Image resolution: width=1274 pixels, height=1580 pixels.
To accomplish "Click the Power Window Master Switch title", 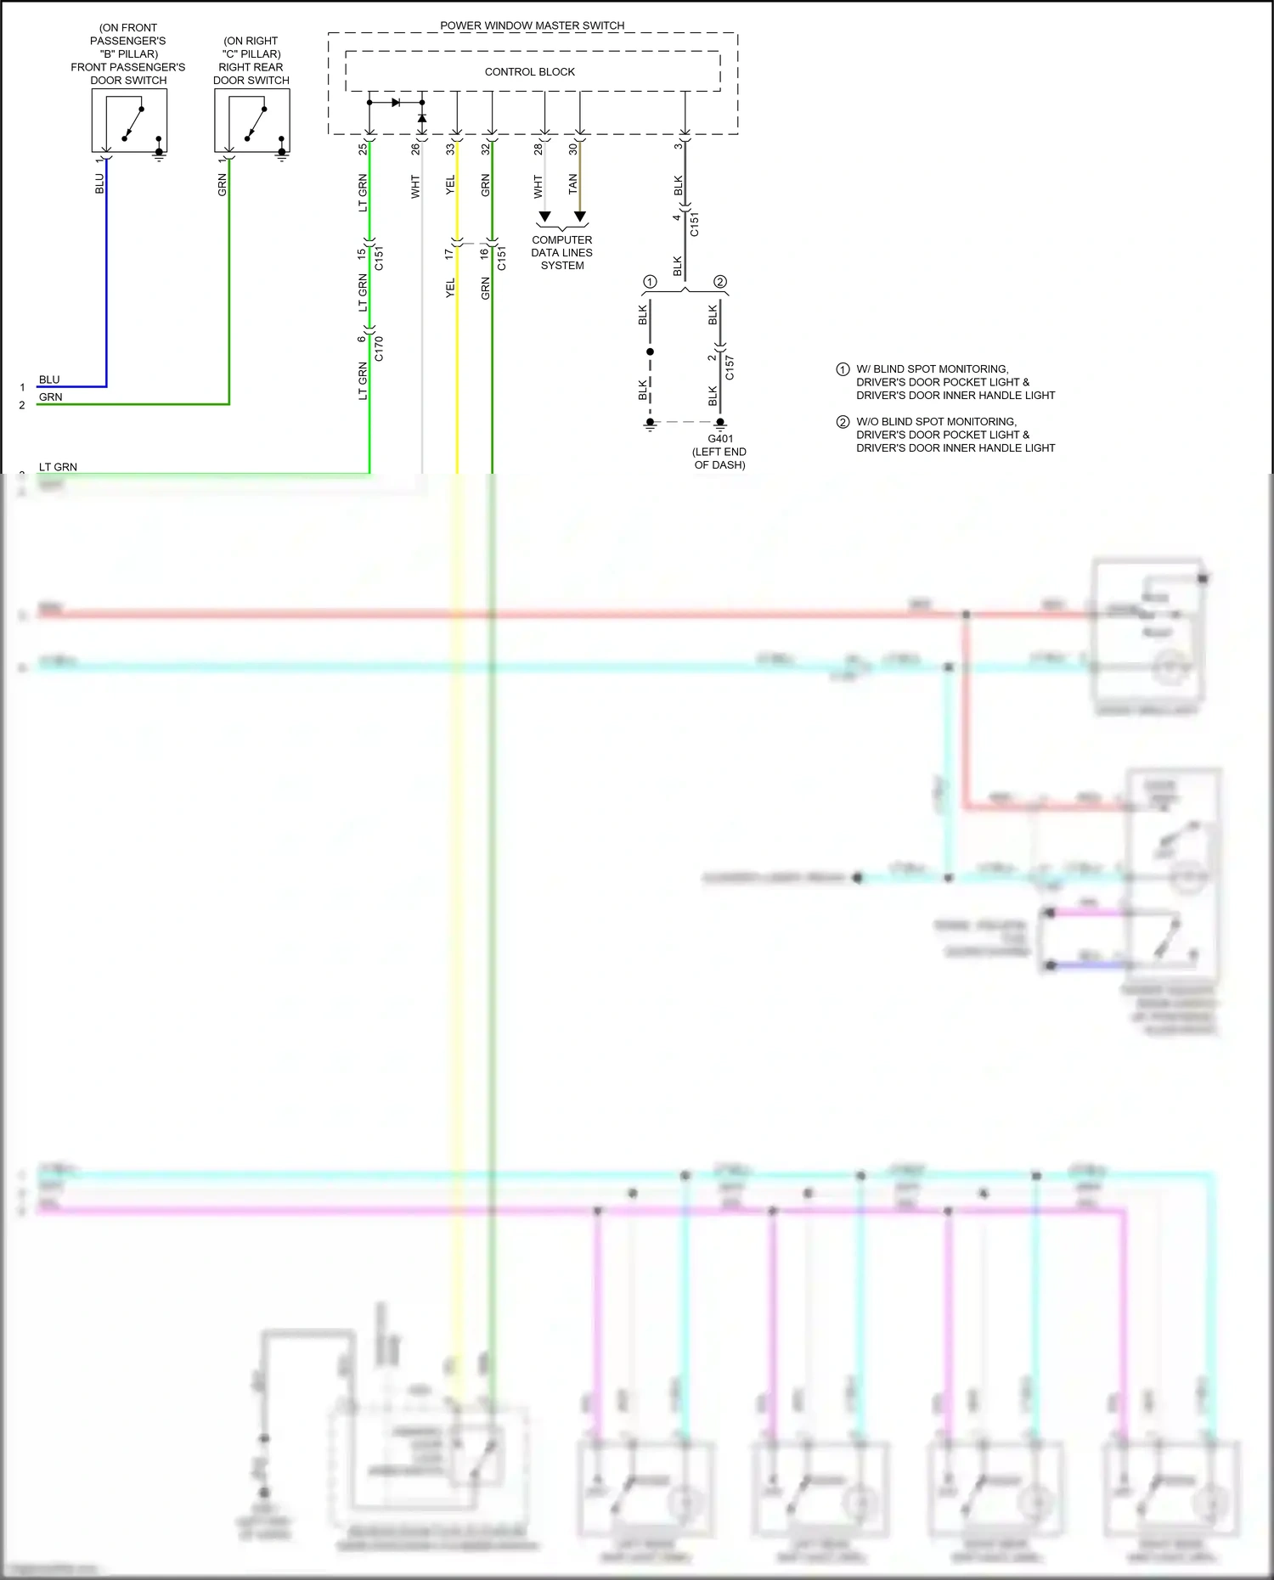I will tap(532, 25).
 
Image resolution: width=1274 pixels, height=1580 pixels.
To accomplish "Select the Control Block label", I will tap(529, 72).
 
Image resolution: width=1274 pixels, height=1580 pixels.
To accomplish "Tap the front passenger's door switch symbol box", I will tap(129, 121).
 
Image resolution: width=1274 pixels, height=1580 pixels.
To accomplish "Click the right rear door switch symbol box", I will tap(252, 121).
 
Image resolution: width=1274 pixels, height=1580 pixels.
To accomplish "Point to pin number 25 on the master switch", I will tap(363, 149).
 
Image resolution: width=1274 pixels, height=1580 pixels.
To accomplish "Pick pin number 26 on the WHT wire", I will tap(415, 149).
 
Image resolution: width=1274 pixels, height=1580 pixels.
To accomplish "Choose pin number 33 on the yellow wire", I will tap(450, 149).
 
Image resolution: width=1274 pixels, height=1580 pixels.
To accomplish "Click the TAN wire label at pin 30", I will tap(572, 183).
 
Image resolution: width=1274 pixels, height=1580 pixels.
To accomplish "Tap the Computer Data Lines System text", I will tap(561, 253).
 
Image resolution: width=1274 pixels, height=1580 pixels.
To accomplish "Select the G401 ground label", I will tap(719, 439).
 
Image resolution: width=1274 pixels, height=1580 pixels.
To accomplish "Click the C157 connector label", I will tap(730, 368).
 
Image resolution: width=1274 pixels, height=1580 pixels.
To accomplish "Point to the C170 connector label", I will tap(379, 349).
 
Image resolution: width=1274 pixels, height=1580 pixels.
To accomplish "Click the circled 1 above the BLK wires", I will tap(650, 282).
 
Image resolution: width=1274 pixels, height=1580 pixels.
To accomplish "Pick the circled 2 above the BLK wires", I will tap(720, 282).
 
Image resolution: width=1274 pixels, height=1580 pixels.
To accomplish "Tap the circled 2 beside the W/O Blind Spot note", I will tap(843, 422).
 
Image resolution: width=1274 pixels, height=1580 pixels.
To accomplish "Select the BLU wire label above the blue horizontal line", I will tap(49, 380).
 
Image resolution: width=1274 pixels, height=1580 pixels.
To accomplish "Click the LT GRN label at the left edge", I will tap(58, 467).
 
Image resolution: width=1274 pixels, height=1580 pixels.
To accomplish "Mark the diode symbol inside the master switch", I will tap(397, 103).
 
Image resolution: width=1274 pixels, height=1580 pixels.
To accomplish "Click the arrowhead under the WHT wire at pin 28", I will tap(544, 217).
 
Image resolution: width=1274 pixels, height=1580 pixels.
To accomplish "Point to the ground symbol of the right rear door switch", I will tap(282, 155).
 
